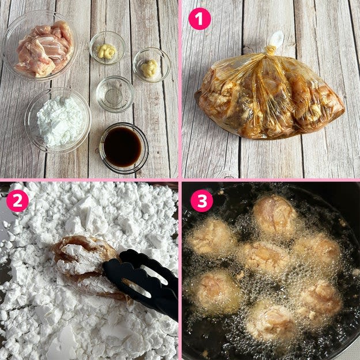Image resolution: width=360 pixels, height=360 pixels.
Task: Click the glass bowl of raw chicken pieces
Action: (40, 46)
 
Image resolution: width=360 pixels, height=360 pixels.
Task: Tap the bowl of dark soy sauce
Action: (124, 148)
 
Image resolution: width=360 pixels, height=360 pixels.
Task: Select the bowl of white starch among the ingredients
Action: (58, 120)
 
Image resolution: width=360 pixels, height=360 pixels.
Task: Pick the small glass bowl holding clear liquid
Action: (115, 94)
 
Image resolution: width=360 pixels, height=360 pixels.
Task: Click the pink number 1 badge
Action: (200, 19)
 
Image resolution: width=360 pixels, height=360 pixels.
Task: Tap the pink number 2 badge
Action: (17, 200)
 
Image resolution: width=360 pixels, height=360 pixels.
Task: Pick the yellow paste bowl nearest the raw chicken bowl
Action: (107, 48)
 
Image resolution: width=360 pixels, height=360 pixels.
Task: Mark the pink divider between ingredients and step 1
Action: (180, 89)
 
